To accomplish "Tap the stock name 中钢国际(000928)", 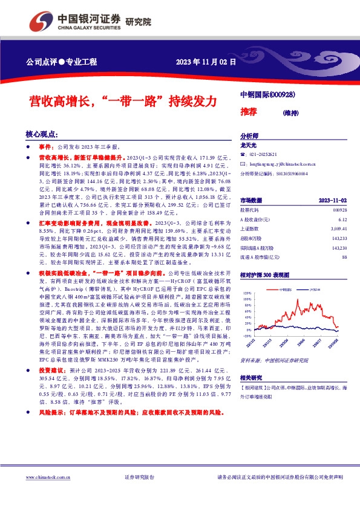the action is click(267, 95).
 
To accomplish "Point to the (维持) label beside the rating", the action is click(293, 112).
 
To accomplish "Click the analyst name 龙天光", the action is click(249, 146).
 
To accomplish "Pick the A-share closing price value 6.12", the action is click(342, 219).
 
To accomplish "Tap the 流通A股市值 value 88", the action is click(344, 258).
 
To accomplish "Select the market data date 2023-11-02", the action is click(333, 200).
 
